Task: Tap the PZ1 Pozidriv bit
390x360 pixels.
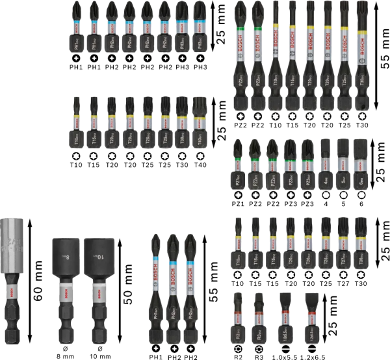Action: (239, 166)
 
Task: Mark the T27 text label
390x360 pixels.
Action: (344, 284)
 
